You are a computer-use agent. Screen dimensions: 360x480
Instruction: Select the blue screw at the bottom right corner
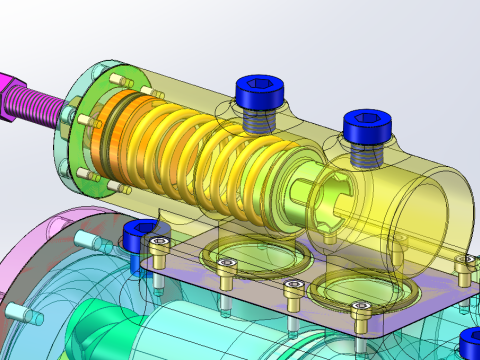[x=470, y=345]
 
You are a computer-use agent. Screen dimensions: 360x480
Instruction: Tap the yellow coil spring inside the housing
[x=200, y=150]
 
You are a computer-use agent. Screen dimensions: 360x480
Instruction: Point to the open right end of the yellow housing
[x=440, y=215]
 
